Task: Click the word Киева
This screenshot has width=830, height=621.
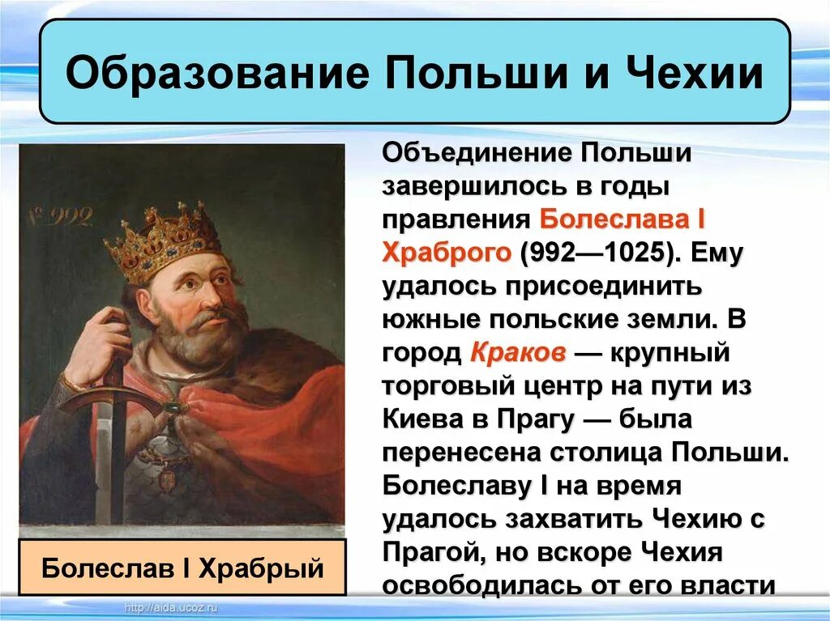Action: point(424,419)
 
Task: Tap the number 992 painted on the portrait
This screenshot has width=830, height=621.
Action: point(68,216)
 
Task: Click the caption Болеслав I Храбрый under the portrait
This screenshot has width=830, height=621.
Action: point(182,567)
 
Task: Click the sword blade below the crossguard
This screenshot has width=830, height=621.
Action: point(104,461)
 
